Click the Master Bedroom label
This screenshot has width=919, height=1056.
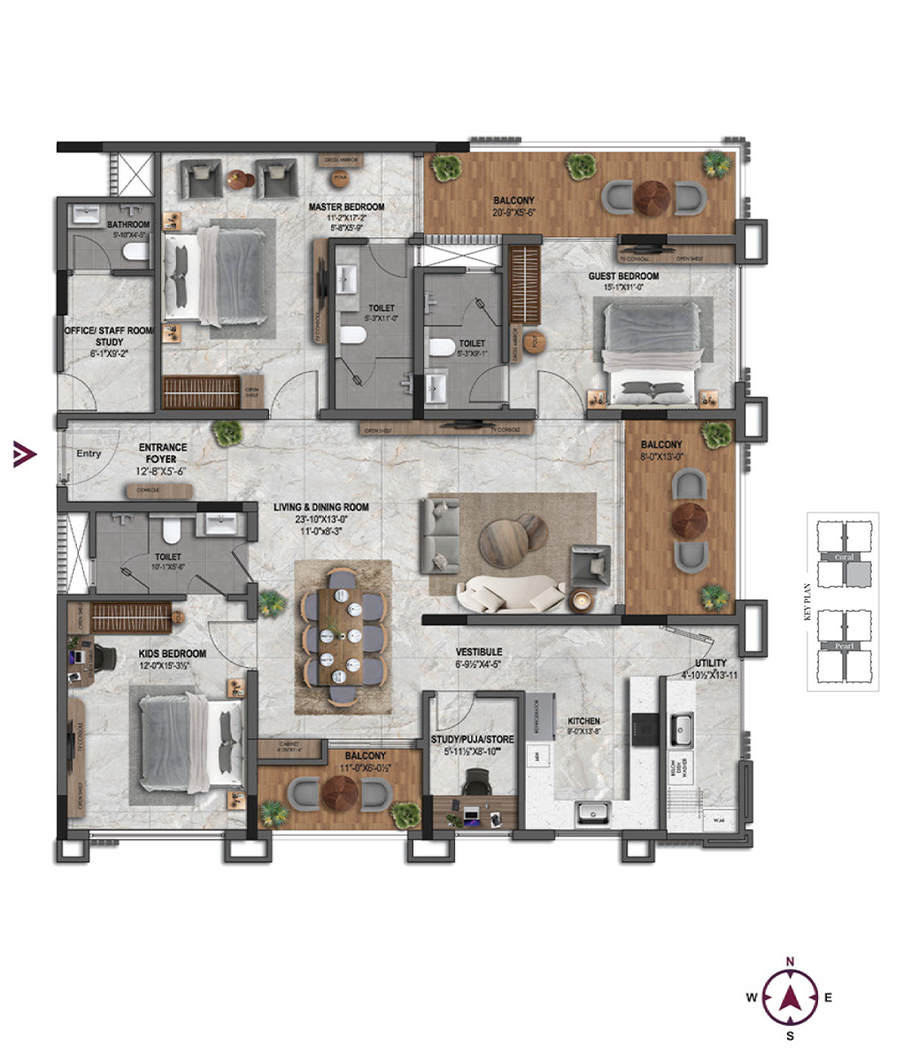click(346, 207)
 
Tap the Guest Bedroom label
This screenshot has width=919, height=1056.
click(623, 276)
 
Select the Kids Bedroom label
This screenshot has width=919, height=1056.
click(172, 654)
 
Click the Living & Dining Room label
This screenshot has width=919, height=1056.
click(321, 507)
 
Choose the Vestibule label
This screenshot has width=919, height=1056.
click(481, 651)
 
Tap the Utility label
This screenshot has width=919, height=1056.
click(711, 662)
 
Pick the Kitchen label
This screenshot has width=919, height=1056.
click(583, 721)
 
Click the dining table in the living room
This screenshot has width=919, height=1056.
click(342, 637)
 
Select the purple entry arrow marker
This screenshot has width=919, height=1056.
click(24, 455)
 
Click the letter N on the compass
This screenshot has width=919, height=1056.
click(791, 961)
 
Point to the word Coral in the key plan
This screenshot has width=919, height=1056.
click(844, 557)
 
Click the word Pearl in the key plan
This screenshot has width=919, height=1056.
click(844, 646)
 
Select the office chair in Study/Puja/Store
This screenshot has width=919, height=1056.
click(476, 782)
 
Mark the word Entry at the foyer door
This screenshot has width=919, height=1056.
click(89, 454)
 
